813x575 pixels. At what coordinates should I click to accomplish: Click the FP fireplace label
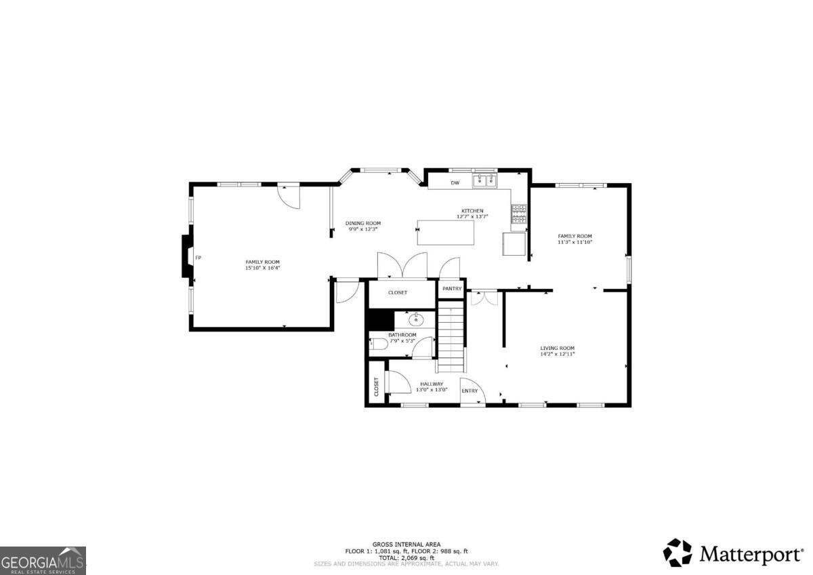click(198, 258)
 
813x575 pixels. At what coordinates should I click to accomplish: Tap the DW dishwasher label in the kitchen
click(455, 182)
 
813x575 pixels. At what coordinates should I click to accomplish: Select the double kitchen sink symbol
click(484, 180)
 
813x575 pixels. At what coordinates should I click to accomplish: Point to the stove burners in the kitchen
click(519, 214)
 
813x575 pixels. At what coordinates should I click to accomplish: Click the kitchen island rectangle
click(445, 233)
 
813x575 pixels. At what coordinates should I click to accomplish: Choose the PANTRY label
click(452, 289)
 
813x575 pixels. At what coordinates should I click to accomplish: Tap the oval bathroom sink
click(415, 320)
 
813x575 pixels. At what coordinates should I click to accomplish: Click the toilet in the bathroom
click(378, 344)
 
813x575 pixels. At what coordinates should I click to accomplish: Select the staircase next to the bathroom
click(451, 339)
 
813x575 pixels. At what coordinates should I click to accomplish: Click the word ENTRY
click(470, 391)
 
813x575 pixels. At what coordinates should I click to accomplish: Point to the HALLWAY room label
click(432, 384)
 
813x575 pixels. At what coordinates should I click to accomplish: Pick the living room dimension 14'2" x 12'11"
click(557, 354)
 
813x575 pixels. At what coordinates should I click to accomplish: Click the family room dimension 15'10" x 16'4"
click(262, 268)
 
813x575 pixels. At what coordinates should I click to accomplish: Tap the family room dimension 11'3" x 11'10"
click(575, 242)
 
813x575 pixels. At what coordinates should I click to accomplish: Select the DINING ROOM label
click(363, 223)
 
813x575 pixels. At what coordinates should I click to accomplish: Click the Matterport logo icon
click(677, 553)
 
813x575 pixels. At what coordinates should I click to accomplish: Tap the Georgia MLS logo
click(43, 560)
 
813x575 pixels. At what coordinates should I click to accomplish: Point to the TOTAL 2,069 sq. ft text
click(406, 557)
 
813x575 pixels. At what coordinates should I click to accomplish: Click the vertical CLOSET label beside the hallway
click(377, 386)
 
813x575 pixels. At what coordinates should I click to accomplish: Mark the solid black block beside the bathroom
click(381, 319)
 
